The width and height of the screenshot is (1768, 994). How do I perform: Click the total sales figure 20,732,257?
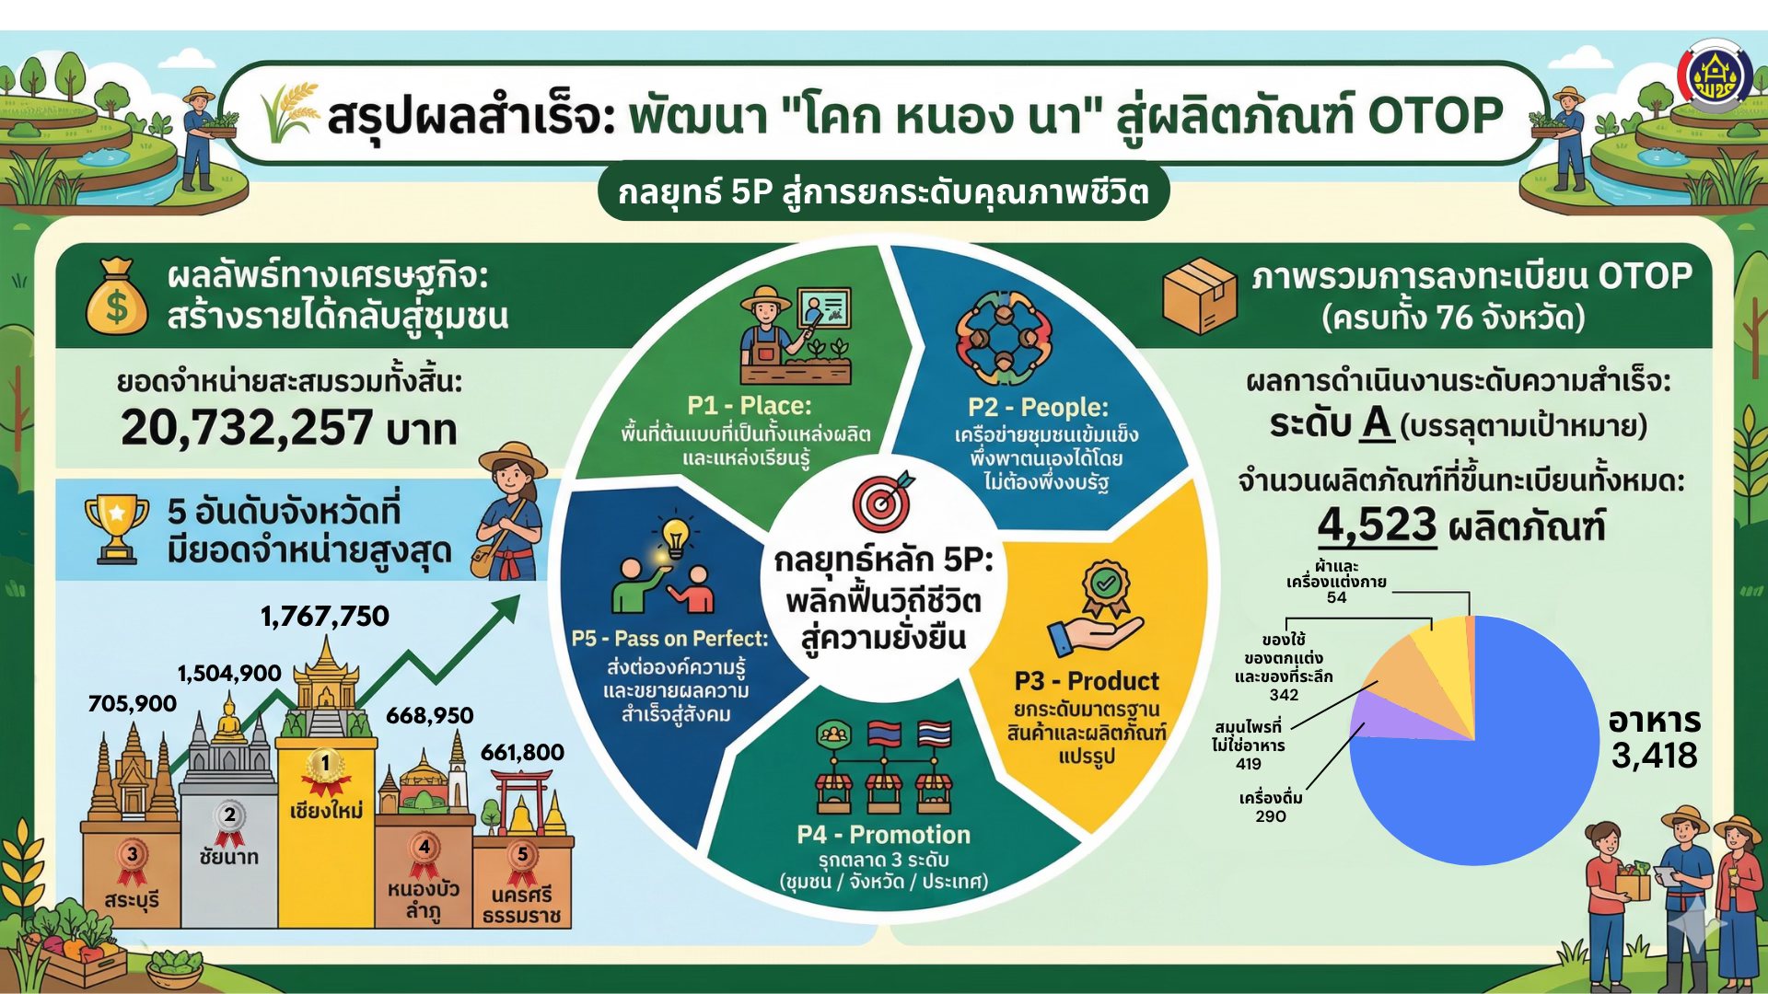pyautogui.click(x=247, y=428)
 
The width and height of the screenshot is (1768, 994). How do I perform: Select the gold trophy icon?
pyautogui.click(x=116, y=527)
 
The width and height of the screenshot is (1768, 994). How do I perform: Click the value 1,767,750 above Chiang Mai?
pyautogui.click(x=325, y=616)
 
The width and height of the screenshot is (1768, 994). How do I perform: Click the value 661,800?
pyautogui.click(x=522, y=752)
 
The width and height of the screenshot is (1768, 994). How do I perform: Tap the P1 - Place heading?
pyautogui.click(x=750, y=406)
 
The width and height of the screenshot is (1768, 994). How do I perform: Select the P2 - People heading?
pyautogui.click(x=1038, y=407)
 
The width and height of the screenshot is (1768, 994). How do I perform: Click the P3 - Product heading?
pyautogui.click(x=1087, y=681)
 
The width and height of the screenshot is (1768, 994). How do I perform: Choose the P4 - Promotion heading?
pyautogui.click(x=884, y=835)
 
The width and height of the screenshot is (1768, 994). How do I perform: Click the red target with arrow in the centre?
pyautogui.click(x=883, y=502)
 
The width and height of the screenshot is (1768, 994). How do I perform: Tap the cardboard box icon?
pyautogui.click(x=1199, y=295)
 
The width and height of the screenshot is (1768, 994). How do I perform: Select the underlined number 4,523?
pyautogui.click(x=1377, y=526)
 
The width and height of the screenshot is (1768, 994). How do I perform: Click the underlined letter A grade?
pyautogui.click(x=1377, y=423)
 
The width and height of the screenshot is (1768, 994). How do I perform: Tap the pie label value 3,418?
pyautogui.click(x=1654, y=756)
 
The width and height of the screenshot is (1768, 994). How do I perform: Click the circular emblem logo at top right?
pyautogui.click(x=1715, y=75)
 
